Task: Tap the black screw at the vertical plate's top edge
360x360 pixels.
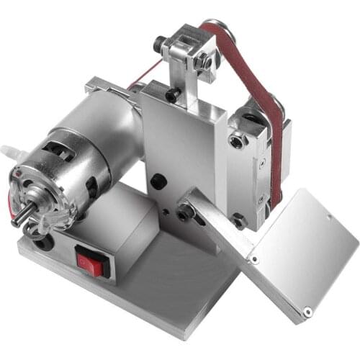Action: point(174,94)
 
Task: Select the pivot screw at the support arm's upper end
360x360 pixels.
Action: point(185,212)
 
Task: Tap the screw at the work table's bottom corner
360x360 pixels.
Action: point(307,312)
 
